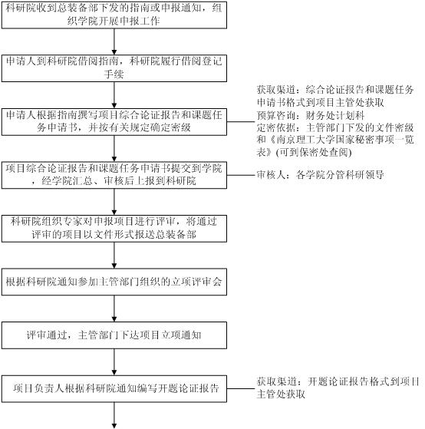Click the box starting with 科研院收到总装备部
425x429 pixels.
click(114, 15)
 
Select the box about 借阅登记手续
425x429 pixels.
click(114, 68)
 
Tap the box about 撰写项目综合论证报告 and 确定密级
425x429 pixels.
click(114, 122)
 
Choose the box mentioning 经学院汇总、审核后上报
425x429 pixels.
click(114, 175)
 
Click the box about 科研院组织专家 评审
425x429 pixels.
click(114, 229)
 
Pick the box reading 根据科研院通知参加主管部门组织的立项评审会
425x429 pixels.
click(114, 282)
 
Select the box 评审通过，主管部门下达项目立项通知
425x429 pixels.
click(114, 335)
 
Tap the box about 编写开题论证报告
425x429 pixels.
click(114, 389)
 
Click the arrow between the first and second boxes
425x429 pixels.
click(114, 42)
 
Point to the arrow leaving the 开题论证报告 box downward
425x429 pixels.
click(114, 415)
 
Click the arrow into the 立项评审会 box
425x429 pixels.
click(114, 256)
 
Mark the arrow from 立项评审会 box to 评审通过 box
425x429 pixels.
click(114, 309)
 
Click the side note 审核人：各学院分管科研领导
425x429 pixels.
click(320, 174)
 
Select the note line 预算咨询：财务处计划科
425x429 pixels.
click(311, 115)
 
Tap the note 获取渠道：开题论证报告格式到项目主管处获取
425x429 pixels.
click(338, 388)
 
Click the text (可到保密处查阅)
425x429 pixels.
click(314, 153)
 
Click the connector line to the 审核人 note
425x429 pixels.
click(241, 175)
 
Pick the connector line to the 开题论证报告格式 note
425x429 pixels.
click(241, 388)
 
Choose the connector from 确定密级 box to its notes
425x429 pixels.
click(241, 122)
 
